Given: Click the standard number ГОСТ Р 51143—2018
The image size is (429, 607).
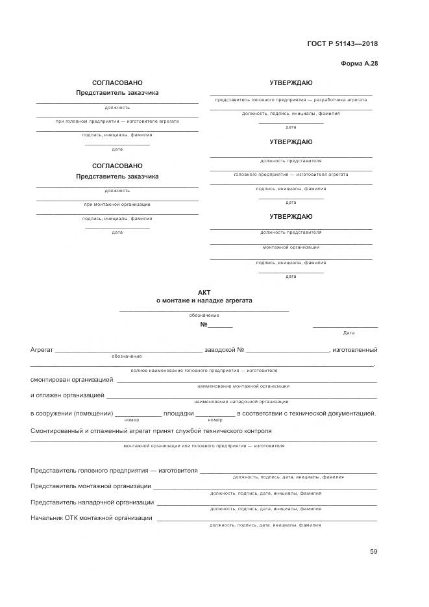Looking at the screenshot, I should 342,44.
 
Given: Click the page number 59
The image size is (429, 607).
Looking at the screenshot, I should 373,552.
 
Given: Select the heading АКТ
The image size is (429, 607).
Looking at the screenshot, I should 204,293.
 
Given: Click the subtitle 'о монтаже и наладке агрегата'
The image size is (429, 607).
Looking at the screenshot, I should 204,301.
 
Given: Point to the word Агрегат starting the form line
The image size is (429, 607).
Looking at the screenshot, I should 42,350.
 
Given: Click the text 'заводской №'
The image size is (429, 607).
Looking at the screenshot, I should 224,350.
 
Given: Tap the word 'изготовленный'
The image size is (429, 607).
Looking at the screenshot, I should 354,350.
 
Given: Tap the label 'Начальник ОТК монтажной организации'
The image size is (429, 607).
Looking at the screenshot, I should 92,518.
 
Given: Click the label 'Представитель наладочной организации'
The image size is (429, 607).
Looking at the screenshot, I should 92,502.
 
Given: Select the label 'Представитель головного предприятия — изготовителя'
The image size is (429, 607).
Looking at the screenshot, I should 114,470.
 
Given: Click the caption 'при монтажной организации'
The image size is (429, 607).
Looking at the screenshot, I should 117,204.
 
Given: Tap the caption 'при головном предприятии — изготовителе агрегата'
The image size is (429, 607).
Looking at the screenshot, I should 117,121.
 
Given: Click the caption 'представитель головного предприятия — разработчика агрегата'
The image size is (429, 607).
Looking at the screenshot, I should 291,100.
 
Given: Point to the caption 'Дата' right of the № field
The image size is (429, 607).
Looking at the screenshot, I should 349,333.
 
